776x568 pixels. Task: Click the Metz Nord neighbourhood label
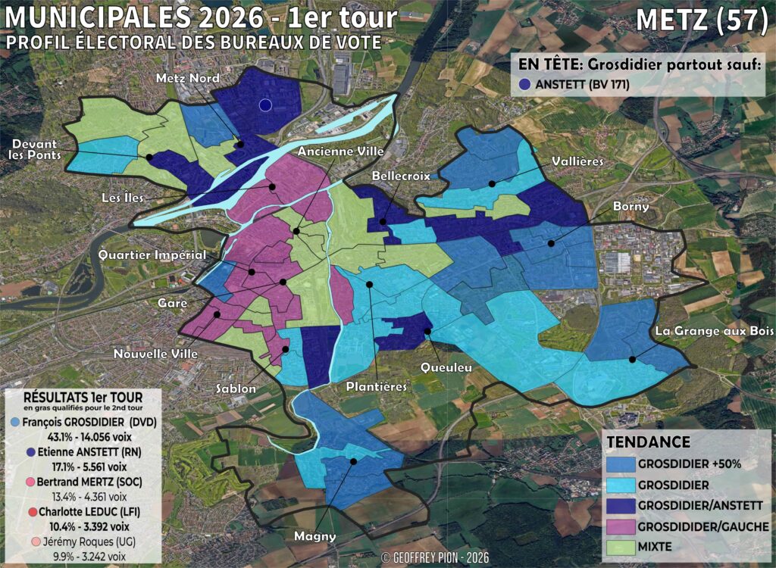click(x=188, y=79)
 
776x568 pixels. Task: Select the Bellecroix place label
click(x=400, y=176)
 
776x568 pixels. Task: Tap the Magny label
click(x=314, y=537)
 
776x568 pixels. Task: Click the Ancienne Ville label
click(x=340, y=151)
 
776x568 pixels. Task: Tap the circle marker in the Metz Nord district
click(x=264, y=105)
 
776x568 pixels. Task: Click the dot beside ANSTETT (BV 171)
click(x=526, y=86)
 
